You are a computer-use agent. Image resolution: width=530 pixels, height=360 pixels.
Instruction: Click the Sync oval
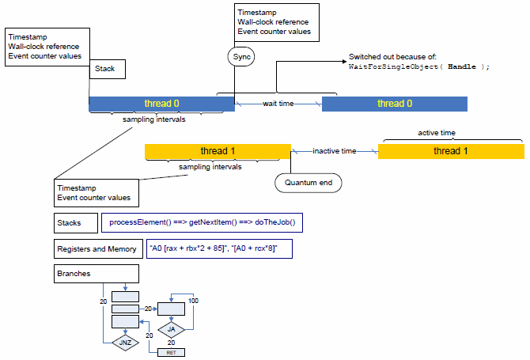point(241,57)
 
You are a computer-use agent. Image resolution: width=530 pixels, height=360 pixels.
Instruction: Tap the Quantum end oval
point(309,183)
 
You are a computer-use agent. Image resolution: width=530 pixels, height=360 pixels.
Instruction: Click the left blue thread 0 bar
point(161,104)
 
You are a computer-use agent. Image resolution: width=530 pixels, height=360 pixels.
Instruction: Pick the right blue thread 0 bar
point(394,104)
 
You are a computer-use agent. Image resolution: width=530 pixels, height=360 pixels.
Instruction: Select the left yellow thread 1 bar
point(218,151)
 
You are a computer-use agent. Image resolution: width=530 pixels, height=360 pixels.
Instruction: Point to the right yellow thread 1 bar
point(450,151)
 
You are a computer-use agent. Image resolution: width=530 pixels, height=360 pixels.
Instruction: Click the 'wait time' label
point(278,104)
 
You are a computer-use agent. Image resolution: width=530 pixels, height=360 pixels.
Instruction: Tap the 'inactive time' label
point(335,151)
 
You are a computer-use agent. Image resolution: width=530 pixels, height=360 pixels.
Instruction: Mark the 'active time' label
point(437,133)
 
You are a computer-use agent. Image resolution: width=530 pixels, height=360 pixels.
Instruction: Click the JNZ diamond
point(125,343)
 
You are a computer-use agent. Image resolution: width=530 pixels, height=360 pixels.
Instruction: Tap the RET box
point(172,351)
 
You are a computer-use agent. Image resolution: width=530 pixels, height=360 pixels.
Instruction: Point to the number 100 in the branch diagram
point(193,301)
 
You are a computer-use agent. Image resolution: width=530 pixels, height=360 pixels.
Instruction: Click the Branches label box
point(97,274)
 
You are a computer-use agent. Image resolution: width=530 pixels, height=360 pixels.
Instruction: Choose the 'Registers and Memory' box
point(97,248)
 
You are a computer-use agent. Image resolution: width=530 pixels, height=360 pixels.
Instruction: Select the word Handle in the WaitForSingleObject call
point(462,67)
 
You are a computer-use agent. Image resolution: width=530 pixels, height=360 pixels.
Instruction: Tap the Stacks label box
point(75,223)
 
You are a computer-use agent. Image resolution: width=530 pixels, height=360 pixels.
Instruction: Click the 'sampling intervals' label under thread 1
point(210,167)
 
